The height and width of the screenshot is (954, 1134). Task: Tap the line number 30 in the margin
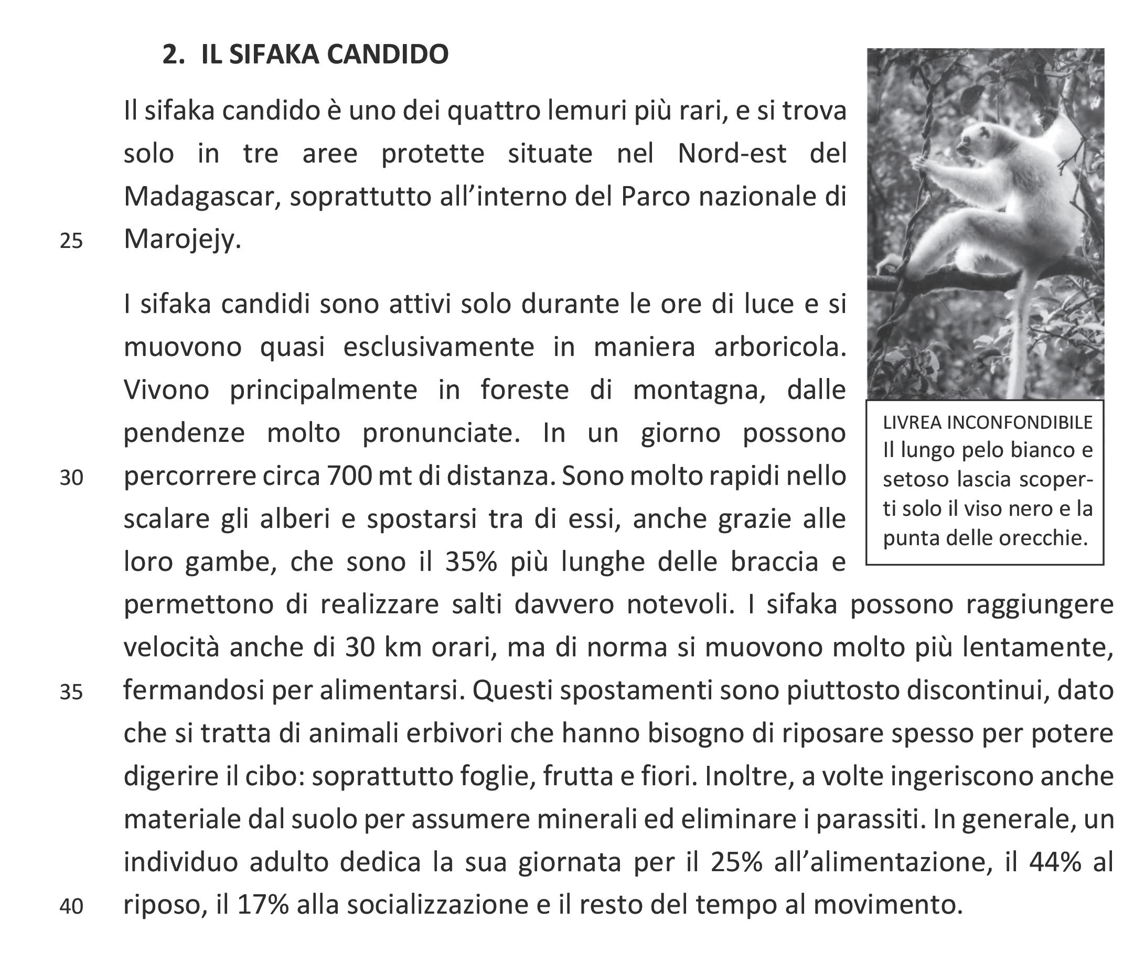click(71, 478)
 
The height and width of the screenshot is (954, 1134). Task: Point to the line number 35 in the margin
click(71, 692)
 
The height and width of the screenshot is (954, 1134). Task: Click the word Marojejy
click(182, 239)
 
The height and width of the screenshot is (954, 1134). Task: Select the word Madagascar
click(201, 197)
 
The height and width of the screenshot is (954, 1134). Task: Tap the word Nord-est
click(732, 154)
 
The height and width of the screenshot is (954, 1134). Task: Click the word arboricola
click(779, 347)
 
